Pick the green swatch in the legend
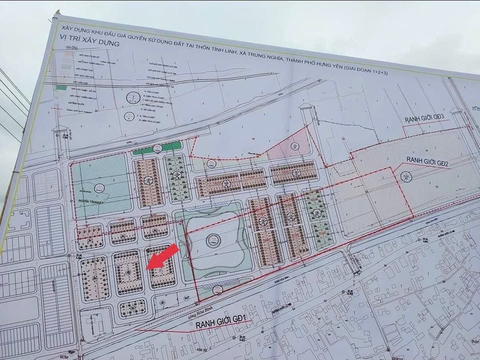(x=61, y=87)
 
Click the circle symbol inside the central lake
(x=213, y=239)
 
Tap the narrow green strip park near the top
(x=157, y=148)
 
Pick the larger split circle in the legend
(x=133, y=97)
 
